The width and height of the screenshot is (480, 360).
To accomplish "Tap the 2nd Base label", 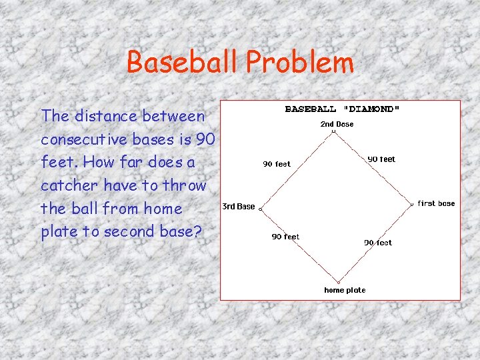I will click(x=337, y=124).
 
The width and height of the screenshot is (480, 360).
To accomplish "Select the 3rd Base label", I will click(x=238, y=207).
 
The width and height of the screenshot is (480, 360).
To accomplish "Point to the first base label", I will click(x=436, y=203).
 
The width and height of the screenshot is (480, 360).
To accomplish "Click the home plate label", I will click(x=345, y=290).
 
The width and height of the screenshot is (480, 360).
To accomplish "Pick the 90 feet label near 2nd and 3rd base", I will click(x=277, y=164).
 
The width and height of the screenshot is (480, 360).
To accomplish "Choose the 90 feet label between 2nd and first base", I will click(x=381, y=159).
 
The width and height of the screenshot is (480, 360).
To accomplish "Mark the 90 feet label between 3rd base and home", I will click(x=285, y=237).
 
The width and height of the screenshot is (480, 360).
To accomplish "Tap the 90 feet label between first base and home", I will click(x=378, y=243).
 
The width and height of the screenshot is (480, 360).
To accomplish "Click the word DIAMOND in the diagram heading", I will click(x=371, y=109).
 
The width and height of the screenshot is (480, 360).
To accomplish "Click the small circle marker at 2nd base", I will click(x=333, y=131).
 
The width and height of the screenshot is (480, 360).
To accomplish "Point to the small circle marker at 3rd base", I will click(x=260, y=209).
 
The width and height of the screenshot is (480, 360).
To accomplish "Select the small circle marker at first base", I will click(x=412, y=203).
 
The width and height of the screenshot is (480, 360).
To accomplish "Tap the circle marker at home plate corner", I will click(x=338, y=282).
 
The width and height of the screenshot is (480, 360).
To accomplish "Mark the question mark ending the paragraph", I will click(x=198, y=232).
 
